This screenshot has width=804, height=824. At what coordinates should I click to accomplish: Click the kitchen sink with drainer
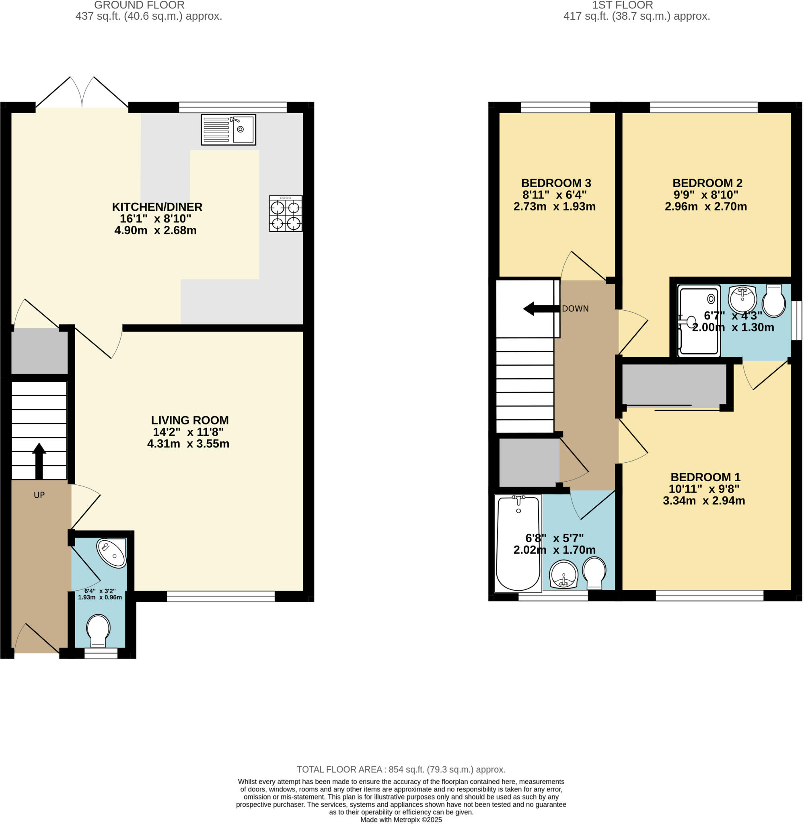click(x=228, y=130)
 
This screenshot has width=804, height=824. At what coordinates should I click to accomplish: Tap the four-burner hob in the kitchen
click(x=286, y=213)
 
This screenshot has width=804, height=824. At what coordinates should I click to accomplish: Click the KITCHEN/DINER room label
click(x=157, y=207)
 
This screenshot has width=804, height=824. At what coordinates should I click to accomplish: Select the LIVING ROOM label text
click(x=189, y=420)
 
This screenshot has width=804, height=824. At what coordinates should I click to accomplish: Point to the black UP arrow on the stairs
click(x=39, y=460)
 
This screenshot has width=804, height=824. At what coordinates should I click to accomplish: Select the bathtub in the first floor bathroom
click(x=518, y=543)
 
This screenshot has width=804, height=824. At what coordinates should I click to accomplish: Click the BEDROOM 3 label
click(x=556, y=183)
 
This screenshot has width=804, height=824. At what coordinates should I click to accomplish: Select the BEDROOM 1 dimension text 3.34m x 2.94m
click(x=704, y=501)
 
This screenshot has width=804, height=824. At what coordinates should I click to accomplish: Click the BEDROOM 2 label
click(x=707, y=183)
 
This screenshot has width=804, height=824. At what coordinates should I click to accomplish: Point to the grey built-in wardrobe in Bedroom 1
click(x=674, y=385)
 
